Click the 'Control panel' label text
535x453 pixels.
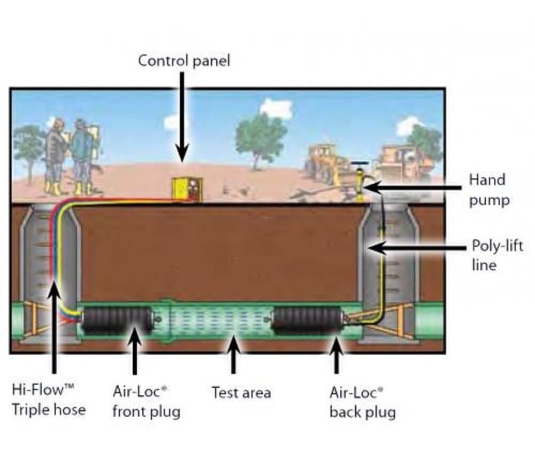184,60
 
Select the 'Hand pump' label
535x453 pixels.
486,190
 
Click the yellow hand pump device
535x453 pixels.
360,185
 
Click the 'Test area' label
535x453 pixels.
241,393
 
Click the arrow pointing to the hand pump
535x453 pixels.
412,188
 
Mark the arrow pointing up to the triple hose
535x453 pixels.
53,326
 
